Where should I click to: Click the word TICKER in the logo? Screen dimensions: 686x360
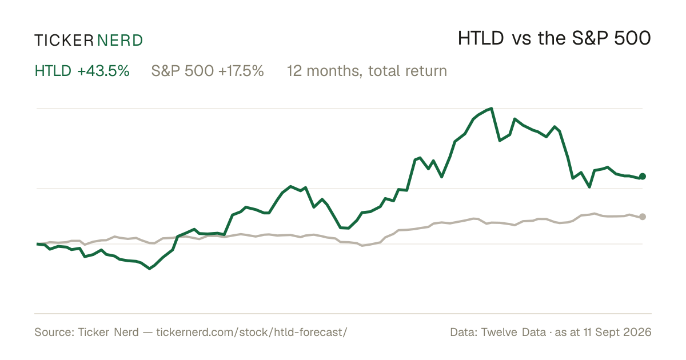(64, 41)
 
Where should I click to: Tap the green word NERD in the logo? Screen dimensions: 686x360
(119, 41)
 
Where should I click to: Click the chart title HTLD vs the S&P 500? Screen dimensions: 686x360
(555, 39)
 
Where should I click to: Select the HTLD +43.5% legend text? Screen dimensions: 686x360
(82, 71)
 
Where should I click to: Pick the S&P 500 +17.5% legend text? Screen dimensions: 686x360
(208, 71)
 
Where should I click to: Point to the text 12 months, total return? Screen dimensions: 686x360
(367, 71)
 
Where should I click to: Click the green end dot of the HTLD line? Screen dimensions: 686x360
(643, 177)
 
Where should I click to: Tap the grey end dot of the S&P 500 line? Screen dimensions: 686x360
(643, 217)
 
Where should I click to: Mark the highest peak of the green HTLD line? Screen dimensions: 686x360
(492, 109)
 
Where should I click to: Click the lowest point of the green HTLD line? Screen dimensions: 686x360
(149, 269)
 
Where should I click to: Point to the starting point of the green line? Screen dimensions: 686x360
(37, 244)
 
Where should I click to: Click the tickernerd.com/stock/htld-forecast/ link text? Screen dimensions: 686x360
(252, 333)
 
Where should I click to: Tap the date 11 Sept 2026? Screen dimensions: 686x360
(617, 333)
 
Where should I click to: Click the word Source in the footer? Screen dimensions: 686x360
(53, 333)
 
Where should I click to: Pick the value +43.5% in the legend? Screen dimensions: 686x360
(103, 71)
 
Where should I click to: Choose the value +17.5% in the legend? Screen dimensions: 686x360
(241, 71)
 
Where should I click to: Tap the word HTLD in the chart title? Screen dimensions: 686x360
(481, 39)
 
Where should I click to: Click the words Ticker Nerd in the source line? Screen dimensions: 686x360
(109, 333)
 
